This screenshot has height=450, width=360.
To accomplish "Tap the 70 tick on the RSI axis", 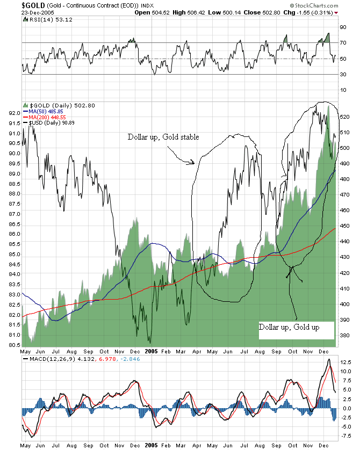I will (x=342, y=42).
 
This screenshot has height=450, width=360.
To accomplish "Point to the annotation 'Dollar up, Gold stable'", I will (x=163, y=137).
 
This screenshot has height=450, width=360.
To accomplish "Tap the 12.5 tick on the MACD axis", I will (x=345, y=370).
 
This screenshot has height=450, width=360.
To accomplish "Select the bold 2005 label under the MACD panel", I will (x=152, y=445).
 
